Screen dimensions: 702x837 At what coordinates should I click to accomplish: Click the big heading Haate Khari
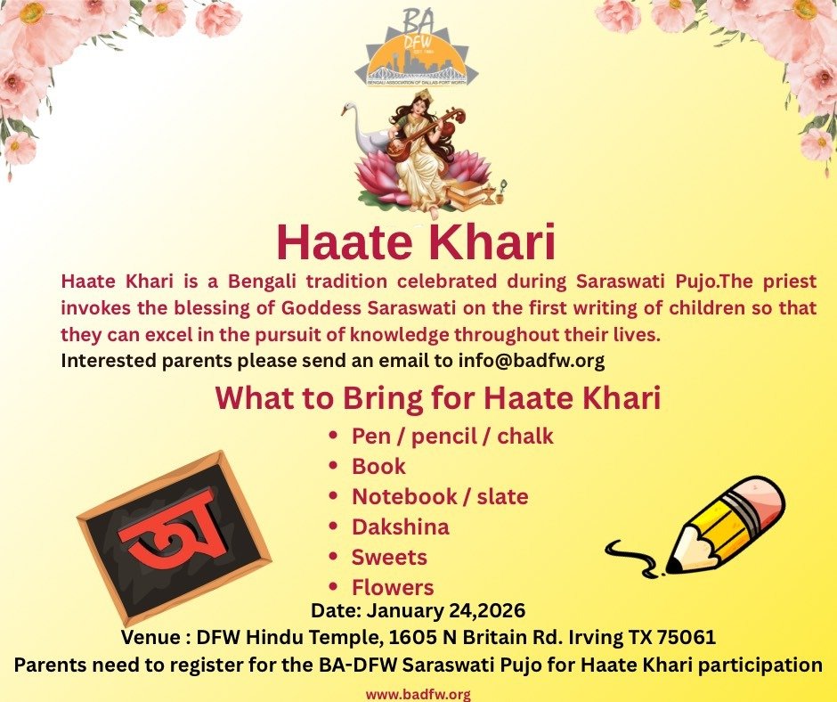coord(415,241)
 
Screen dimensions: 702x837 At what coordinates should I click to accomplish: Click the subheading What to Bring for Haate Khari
coord(437,398)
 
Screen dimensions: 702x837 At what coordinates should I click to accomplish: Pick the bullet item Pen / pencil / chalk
coord(451,437)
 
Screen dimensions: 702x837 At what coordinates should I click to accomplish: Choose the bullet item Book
coord(378,467)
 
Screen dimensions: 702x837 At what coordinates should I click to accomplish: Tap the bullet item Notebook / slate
coord(440,497)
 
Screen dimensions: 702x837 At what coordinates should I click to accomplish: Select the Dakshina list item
coord(400,527)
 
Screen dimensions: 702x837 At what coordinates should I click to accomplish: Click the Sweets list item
coord(389,558)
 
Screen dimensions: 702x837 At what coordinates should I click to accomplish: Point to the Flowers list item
coord(393,588)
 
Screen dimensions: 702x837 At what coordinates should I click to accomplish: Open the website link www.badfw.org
coord(418,694)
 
